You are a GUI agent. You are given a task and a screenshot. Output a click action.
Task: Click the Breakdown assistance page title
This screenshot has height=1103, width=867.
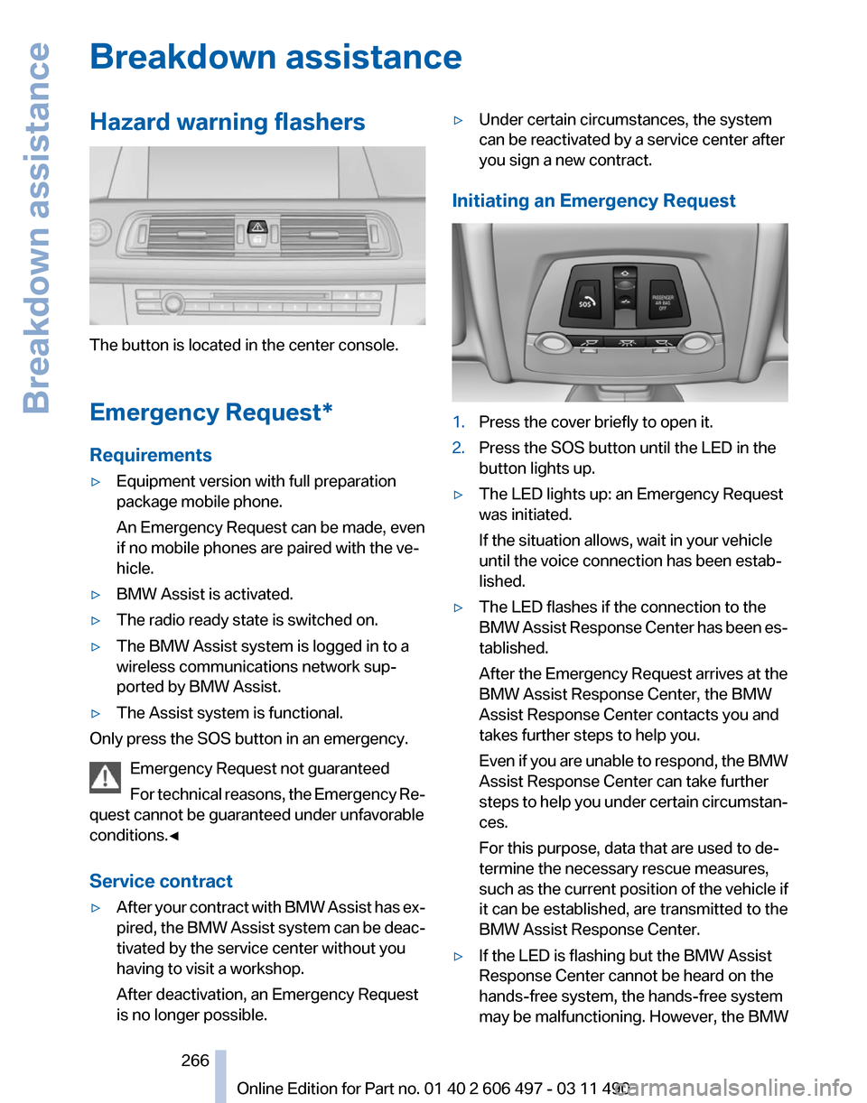(x=275, y=59)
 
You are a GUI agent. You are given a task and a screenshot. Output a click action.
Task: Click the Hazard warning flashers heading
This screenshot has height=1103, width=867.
(x=228, y=123)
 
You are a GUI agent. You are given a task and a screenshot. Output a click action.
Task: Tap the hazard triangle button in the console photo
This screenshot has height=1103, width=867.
(x=256, y=227)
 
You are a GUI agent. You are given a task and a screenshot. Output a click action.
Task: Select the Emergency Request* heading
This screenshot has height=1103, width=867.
(x=211, y=412)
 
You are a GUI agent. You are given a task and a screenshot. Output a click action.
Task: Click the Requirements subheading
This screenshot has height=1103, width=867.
(x=151, y=455)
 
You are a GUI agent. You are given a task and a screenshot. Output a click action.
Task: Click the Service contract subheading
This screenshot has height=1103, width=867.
(x=162, y=881)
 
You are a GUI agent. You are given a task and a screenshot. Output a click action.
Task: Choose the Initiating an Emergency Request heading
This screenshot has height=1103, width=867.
(x=593, y=201)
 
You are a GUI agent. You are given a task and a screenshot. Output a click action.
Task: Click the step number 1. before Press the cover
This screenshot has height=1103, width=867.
(x=459, y=422)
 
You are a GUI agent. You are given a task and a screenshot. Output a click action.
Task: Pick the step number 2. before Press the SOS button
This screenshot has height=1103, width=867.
(x=459, y=447)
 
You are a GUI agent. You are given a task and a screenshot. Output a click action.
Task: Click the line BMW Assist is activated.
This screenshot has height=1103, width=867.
(x=204, y=594)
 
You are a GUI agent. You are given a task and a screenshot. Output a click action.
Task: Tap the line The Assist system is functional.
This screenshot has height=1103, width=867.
(x=229, y=713)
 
